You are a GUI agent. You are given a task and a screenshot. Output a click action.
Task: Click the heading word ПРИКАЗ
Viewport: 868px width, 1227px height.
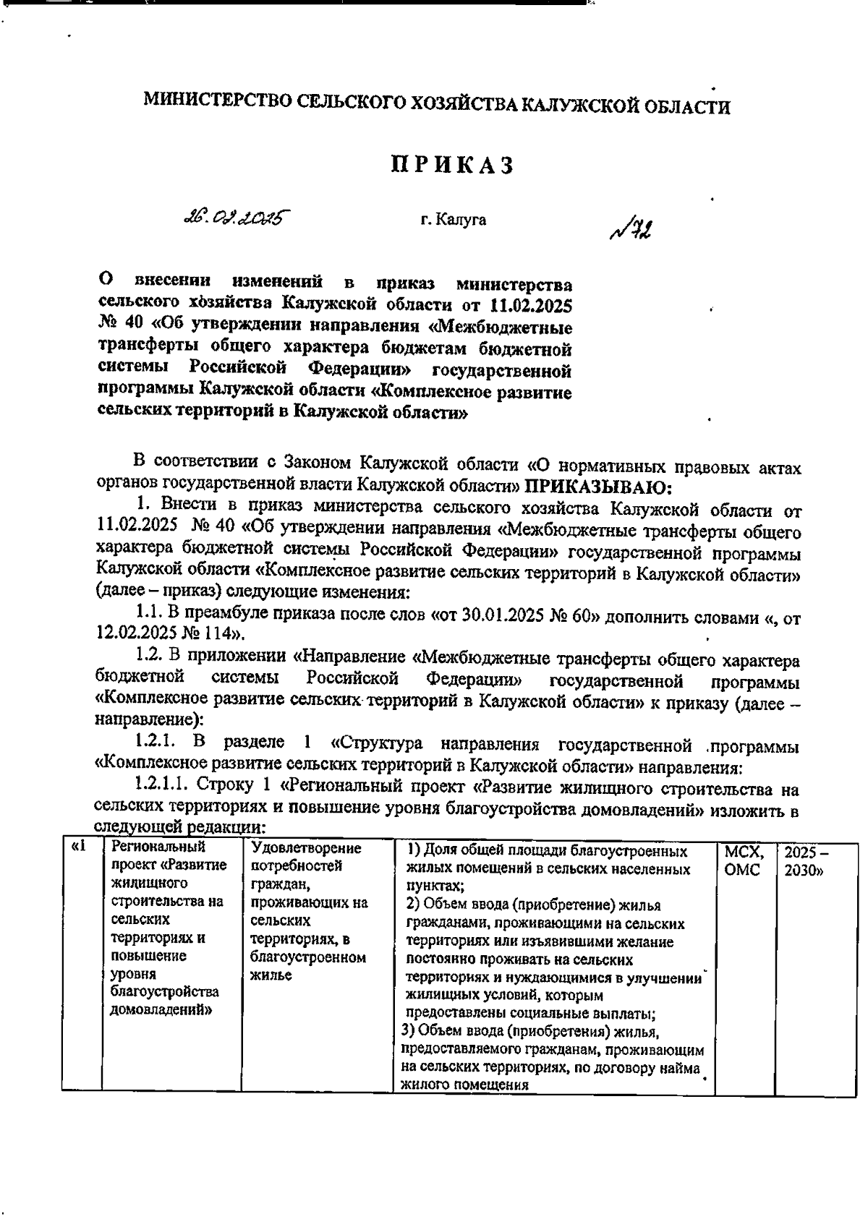452,166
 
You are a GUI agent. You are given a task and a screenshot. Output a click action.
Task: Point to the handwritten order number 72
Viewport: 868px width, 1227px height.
634,229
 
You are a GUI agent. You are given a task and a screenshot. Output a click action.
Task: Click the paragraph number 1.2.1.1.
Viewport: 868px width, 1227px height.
166,787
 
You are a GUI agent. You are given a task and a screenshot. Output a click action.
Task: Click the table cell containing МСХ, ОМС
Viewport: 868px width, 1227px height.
743,860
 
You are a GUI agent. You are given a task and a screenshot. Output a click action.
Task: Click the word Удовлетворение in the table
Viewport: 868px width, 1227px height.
306,847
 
